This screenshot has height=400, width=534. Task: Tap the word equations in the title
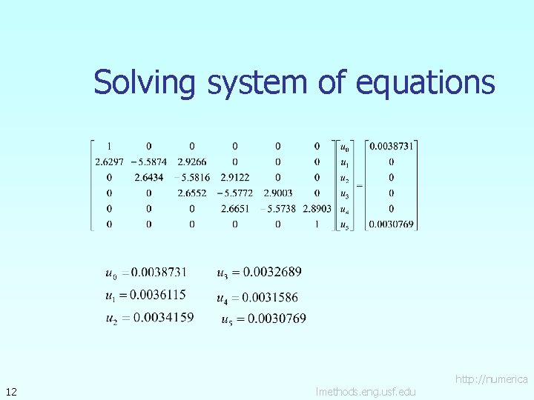click(x=425, y=82)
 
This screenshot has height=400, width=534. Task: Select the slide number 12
click(x=11, y=391)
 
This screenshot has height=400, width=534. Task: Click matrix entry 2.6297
click(x=109, y=161)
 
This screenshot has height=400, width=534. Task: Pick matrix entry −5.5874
click(x=148, y=161)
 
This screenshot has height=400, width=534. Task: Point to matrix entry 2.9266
click(x=191, y=161)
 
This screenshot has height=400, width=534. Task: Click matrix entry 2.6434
click(x=149, y=178)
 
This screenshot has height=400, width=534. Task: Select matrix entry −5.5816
click(x=191, y=178)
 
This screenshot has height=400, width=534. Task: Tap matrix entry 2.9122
click(x=234, y=178)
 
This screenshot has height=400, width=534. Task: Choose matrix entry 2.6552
click(x=191, y=193)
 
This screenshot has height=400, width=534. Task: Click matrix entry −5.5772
click(x=234, y=193)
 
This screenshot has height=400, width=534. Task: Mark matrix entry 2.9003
click(x=277, y=193)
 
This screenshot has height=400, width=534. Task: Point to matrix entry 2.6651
click(x=234, y=209)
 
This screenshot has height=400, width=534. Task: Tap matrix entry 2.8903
click(x=317, y=209)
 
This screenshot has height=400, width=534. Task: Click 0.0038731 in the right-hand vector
click(x=391, y=146)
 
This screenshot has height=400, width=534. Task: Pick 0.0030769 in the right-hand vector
click(x=391, y=224)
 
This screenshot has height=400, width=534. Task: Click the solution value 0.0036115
click(x=157, y=295)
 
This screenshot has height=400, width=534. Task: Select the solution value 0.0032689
click(x=272, y=273)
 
